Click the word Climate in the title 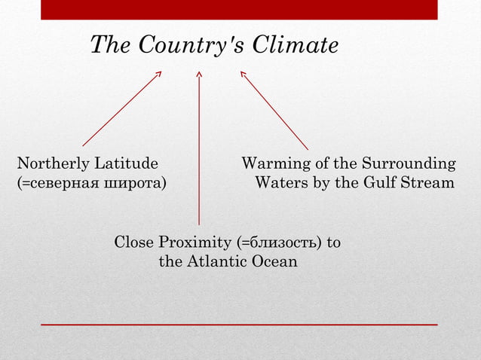pos(295,46)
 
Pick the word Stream pos(430,183)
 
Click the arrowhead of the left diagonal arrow pos(158,74)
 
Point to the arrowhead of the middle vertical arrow pos(199,74)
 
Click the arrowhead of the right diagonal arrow pos(243,74)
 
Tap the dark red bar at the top pos(239,9)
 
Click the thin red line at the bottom pos(239,324)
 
